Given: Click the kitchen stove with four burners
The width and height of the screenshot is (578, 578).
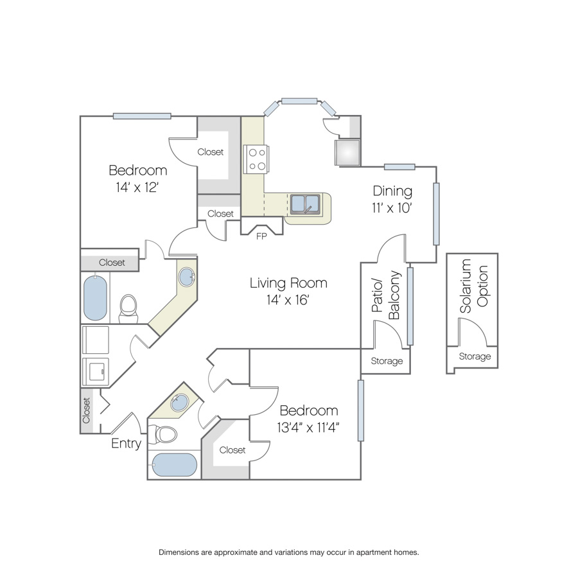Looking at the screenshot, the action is (256, 159).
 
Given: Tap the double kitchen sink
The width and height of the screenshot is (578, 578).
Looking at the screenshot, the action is (305, 204).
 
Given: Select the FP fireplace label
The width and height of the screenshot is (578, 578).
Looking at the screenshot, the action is (261, 236).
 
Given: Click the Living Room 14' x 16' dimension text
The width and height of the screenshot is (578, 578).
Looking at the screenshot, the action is (288, 300).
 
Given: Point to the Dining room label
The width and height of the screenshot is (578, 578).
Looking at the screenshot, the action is (392, 191).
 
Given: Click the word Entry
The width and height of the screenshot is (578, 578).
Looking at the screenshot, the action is (126, 443).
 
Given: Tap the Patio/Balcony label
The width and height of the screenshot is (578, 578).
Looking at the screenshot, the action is (385, 295).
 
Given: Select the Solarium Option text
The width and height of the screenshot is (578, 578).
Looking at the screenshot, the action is (474, 286).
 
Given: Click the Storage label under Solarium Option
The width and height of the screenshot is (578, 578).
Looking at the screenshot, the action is (475, 356).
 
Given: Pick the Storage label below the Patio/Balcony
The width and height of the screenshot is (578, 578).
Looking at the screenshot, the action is (387, 361).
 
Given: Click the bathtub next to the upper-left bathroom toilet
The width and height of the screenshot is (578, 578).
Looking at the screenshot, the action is (95, 298).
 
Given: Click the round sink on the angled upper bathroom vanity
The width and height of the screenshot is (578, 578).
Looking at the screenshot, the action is (186, 277).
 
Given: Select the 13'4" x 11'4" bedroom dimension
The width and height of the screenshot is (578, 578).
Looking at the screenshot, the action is (308, 428).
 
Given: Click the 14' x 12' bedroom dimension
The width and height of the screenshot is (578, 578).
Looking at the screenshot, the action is (137, 188).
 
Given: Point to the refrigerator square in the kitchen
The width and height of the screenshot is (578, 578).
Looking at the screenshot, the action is (347, 152).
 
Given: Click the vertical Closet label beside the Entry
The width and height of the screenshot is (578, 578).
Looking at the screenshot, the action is (86, 410).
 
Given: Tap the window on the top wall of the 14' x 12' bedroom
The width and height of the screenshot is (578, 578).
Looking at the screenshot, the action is (142, 116).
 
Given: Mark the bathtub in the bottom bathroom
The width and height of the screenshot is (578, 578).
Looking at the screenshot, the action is (174, 465).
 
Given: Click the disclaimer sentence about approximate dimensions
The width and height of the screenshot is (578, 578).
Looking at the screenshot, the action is (288, 552).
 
